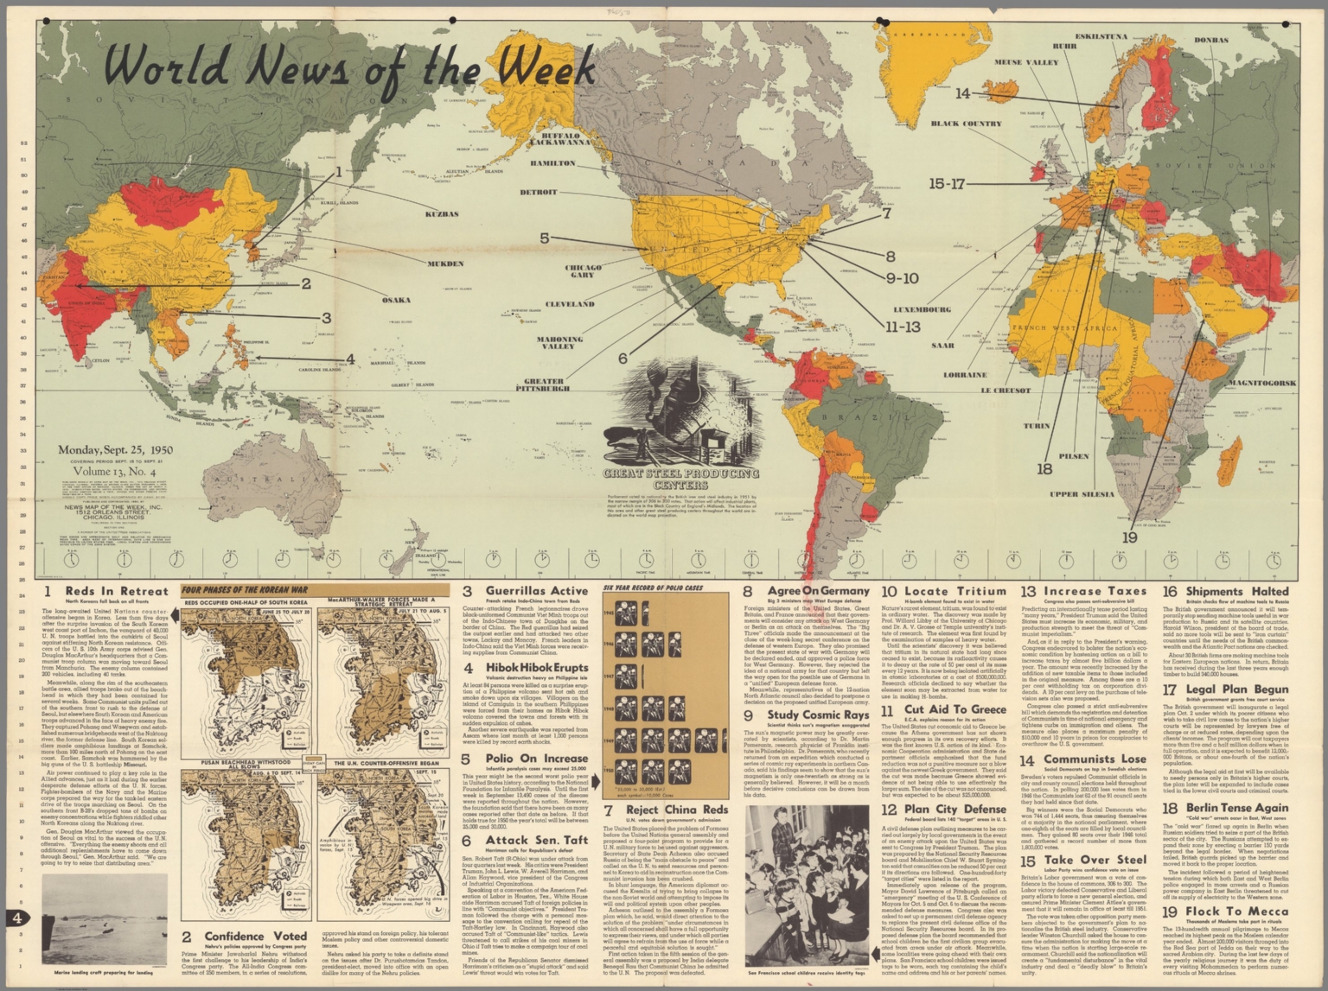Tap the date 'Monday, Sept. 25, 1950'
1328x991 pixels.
click(115, 450)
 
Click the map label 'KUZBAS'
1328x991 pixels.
click(442, 213)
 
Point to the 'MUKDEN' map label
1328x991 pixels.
click(445, 264)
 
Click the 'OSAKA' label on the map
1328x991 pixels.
click(396, 300)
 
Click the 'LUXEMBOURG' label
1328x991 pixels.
click(922, 309)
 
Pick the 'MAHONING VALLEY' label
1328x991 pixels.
click(559, 343)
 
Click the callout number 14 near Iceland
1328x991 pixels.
click(962, 93)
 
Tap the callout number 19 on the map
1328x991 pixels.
click(1129, 537)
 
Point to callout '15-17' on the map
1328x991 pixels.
click(947, 184)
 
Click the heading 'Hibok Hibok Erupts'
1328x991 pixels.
click(536, 668)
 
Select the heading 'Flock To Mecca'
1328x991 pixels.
click(1236, 912)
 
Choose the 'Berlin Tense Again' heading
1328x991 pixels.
click(1236, 809)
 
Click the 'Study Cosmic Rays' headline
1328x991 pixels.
click(817, 715)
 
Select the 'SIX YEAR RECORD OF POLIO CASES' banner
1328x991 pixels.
click(653, 588)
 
